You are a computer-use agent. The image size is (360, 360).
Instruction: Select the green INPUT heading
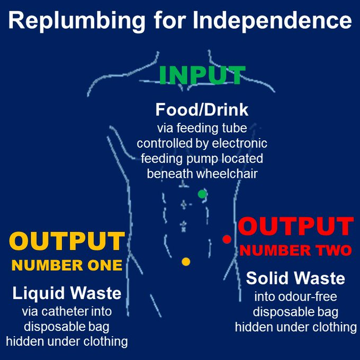coord(202,76)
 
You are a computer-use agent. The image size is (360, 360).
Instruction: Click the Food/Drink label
coord(202,110)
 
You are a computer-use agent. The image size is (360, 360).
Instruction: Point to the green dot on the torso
coord(202,194)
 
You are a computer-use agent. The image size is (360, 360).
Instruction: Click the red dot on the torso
coord(227,239)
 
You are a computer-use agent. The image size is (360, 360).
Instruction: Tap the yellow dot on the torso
coord(186,261)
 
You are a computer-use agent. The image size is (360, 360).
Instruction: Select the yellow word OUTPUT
coord(67,242)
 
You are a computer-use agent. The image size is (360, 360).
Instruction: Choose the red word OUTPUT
coord(295,227)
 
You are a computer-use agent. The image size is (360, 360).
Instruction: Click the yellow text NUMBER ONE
coord(67,265)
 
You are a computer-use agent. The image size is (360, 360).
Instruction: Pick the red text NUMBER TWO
coord(295,250)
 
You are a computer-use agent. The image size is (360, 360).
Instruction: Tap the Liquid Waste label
coord(67,293)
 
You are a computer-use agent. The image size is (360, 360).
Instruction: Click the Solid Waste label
coord(295,278)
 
